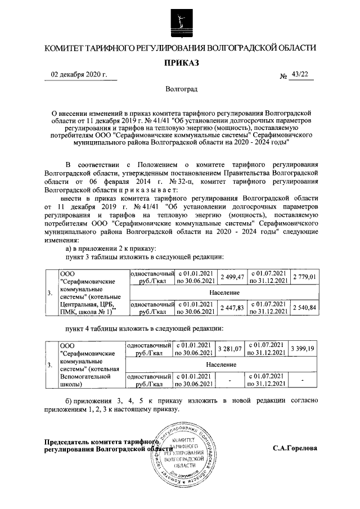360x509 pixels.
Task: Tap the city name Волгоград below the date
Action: pos(181,89)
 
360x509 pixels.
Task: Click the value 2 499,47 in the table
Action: pos(232,277)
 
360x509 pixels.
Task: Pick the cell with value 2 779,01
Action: pos(305,277)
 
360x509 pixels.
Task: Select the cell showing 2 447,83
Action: pos(232,308)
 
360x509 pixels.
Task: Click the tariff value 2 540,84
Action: pos(305,308)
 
